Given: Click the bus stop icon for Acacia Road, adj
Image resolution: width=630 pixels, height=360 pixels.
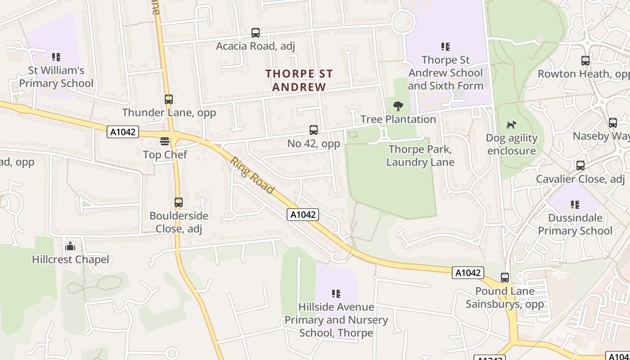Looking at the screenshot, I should click(x=256, y=33).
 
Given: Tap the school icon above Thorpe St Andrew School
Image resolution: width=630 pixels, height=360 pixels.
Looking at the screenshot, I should click(x=445, y=47).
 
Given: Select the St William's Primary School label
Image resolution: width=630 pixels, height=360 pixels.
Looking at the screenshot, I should click(x=56, y=77).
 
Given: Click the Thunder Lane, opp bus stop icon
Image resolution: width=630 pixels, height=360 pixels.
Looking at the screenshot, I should click(x=169, y=99).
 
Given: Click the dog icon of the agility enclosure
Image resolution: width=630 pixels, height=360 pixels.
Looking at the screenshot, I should click(x=512, y=125).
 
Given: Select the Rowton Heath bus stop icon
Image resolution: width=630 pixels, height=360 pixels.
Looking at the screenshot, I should click(x=585, y=61).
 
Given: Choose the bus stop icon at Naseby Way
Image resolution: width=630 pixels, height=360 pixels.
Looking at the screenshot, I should click(x=613, y=123).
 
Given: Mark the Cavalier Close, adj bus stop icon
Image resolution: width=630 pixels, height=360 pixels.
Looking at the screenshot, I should click(x=580, y=166).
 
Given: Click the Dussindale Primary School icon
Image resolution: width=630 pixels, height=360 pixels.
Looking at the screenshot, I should click(x=575, y=205).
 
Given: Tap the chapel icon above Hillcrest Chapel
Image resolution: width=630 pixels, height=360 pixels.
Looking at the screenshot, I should click(x=70, y=246).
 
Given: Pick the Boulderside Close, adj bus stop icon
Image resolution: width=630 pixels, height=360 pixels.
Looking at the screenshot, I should click(x=179, y=202).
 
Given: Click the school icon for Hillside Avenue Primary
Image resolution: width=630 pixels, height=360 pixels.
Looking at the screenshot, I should click(x=336, y=294).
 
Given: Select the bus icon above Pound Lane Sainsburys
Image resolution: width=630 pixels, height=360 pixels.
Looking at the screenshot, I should click(x=505, y=278).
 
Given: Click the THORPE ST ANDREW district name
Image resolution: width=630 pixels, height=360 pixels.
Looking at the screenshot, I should click(x=299, y=80).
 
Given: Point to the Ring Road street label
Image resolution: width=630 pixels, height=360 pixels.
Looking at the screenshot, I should click(x=252, y=175).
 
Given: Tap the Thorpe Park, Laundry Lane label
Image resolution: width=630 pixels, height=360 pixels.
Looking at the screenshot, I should click(x=420, y=156).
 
